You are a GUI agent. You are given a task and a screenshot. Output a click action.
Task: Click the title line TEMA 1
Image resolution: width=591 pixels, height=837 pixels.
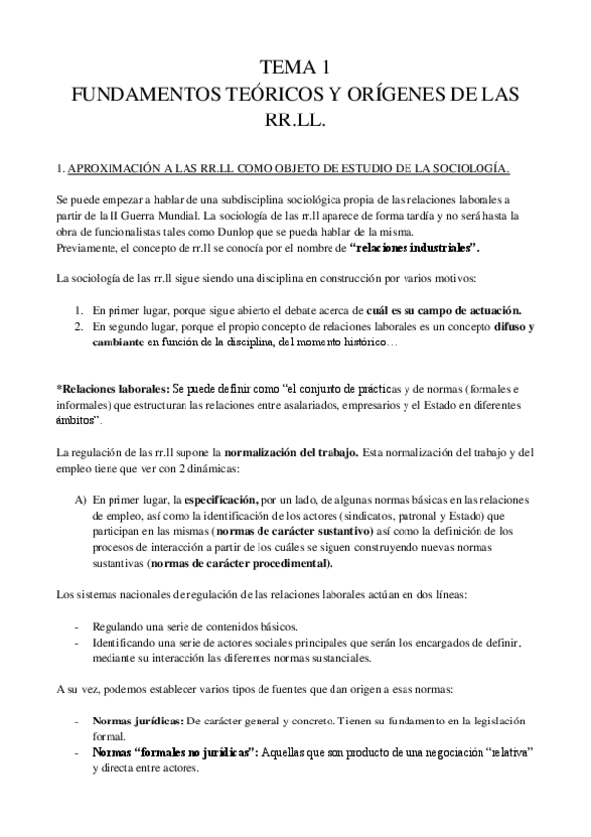(294, 68)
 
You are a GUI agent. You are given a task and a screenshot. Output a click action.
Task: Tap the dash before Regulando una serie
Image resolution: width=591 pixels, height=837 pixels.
(78, 627)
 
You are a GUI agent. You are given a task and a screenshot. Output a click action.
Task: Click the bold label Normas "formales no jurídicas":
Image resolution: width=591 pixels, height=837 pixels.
(175, 752)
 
